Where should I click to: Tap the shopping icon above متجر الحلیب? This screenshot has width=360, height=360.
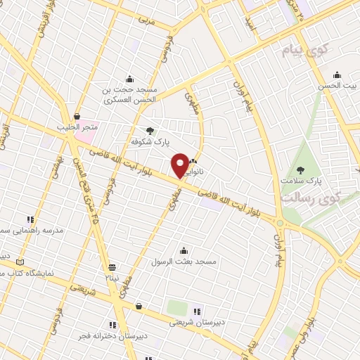76,117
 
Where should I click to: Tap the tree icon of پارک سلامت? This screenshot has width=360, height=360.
301,169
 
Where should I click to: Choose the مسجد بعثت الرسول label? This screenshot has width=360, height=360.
184,262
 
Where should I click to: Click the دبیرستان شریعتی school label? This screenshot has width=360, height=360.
196,323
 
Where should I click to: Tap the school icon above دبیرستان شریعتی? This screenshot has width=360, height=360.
197,311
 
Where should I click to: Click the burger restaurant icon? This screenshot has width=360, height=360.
139,306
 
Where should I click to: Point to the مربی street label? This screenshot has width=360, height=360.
147,21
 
